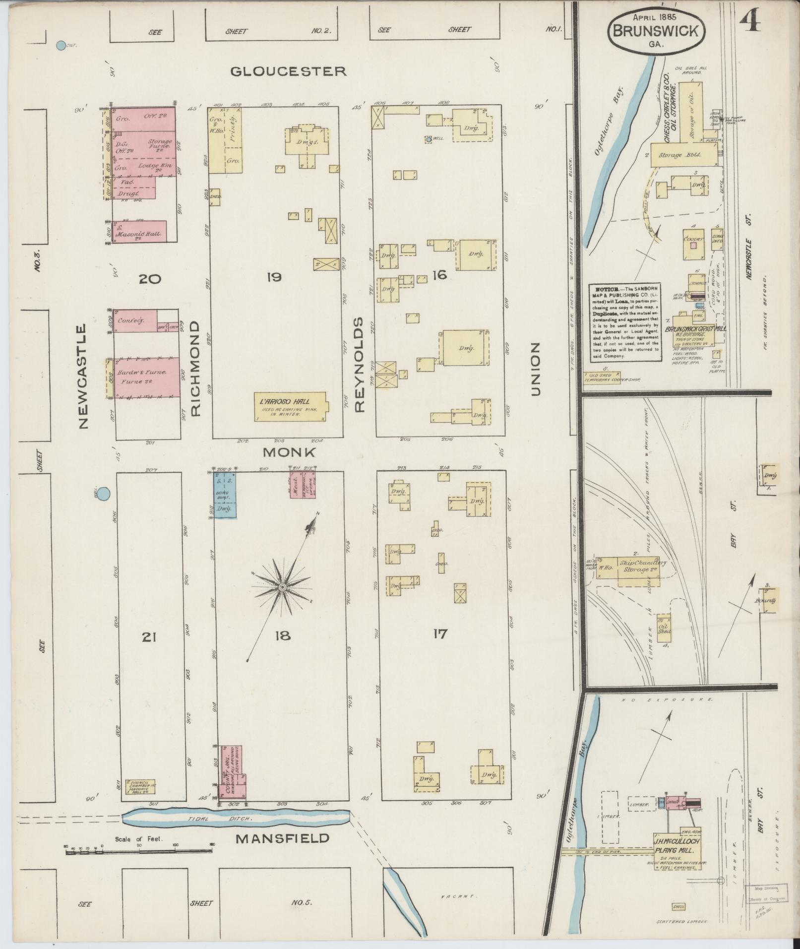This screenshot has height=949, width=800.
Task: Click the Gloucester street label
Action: (288, 71)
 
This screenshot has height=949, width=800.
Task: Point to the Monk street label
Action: (289, 452)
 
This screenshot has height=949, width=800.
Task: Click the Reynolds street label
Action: (360, 365)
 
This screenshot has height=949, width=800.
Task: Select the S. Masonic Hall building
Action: (139, 232)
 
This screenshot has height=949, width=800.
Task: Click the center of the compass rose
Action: (282, 587)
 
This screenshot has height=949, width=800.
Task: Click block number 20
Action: (150, 279)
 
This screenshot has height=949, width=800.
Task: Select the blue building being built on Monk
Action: (225, 494)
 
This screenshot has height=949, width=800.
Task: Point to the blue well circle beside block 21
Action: (103, 494)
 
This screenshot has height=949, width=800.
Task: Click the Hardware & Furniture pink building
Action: (147, 377)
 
